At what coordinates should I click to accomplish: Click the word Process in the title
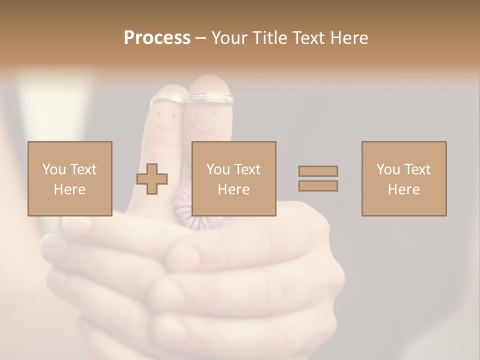coord(157,38)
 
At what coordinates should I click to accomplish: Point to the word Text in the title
coord(309,38)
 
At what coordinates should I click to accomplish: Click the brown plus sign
coord(152,178)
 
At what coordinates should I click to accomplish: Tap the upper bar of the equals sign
coord(318,171)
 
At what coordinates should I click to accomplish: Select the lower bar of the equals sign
coord(318,186)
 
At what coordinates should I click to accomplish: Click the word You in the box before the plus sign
coord(54,169)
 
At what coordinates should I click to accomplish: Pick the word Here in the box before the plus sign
coord(69,189)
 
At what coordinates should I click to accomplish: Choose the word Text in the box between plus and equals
coord(248,169)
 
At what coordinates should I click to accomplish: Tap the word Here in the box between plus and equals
coord(233,189)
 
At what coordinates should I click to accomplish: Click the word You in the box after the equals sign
coord(388,169)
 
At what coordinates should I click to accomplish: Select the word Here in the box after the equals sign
coord(403,189)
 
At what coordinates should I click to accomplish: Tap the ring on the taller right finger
coord(210,97)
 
